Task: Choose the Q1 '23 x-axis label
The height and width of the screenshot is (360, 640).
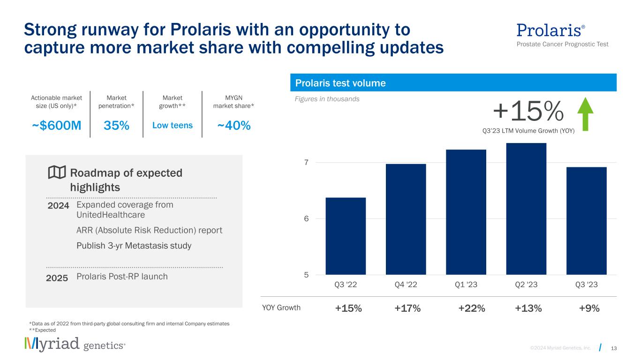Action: point(466,285)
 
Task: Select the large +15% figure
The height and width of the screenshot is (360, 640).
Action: point(528,111)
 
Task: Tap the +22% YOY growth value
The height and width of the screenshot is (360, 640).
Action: point(472,308)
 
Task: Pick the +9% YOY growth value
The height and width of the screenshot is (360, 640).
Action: point(590,308)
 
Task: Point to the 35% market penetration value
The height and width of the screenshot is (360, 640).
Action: point(116,126)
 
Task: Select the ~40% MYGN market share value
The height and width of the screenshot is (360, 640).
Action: point(233,126)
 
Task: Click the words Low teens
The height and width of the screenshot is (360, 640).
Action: point(173,126)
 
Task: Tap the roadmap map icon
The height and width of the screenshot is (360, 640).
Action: point(57,173)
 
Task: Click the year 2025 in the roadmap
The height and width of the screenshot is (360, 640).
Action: point(57,277)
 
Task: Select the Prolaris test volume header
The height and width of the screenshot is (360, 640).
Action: point(340,83)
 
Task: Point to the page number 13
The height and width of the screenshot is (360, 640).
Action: point(614,347)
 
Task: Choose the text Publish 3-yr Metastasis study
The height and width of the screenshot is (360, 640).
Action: point(134,246)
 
